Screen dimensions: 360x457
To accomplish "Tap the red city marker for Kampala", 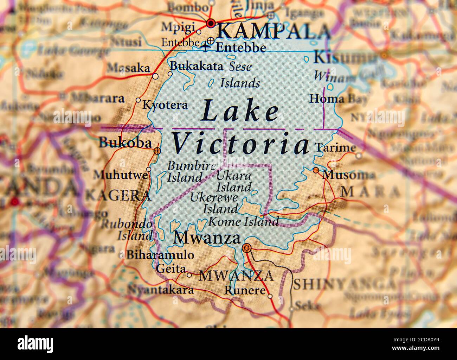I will [211, 24].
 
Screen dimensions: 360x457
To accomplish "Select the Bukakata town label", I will [196, 66].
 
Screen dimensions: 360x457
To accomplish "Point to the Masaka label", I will [128, 68].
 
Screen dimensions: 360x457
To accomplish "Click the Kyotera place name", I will [165, 105].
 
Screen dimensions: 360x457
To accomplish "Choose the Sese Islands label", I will [240, 75].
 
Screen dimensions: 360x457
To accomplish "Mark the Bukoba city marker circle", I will [157, 151].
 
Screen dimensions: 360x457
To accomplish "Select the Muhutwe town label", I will [121, 175].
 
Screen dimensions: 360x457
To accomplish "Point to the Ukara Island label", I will [234, 181].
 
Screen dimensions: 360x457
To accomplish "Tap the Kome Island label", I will [244, 222].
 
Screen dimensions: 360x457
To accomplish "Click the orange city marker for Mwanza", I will [247, 248].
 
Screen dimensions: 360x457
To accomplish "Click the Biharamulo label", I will [160, 255].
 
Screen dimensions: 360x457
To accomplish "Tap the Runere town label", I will [245, 291].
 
